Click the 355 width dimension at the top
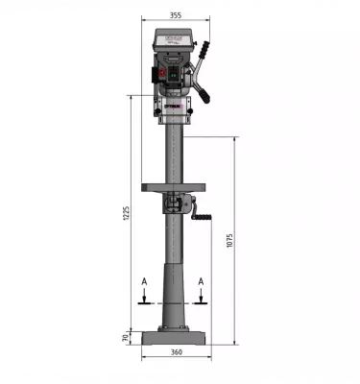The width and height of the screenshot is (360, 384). point(174,16)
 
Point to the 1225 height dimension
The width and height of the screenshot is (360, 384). point(126,213)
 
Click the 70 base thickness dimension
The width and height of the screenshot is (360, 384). point(126,337)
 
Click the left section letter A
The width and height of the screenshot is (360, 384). point(144,281)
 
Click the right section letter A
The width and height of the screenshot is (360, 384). point(201,281)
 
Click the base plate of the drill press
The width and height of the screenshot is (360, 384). point(175,338)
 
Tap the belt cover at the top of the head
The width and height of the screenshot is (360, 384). point(174,37)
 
